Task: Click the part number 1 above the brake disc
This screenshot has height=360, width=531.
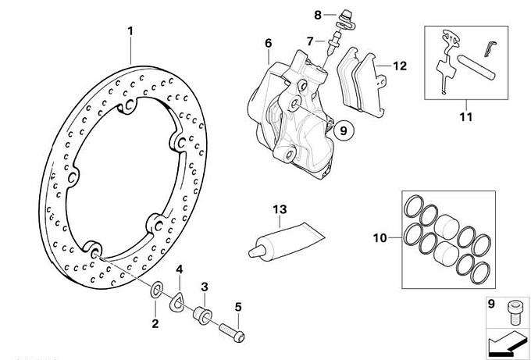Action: pyautogui.click(x=130, y=31)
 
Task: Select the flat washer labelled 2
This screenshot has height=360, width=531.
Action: pyautogui.click(x=156, y=289)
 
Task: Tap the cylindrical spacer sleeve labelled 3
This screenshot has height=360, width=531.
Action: pyautogui.click(x=202, y=315)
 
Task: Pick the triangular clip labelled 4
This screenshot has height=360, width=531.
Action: pyautogui.click(x=176, y=301)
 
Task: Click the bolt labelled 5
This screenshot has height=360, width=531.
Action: pyautogui.click(x=232, y=332)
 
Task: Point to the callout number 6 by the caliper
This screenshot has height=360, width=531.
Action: pyautogui.click(x=268, y=43)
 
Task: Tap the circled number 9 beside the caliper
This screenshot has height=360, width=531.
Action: pyautogui.click(x=344, y=130)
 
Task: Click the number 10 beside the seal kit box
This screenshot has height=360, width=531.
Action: pyautogui.click(x=380, y=237)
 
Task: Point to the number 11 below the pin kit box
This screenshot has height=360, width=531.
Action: pyautogui.click(x=466, y=117)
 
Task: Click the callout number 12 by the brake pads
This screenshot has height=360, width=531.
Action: pyautogui.click(x=400, y=66)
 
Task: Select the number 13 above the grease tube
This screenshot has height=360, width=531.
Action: pyautogui.click(x=280, y=209)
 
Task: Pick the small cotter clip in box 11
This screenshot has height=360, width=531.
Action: pyautogui.click(x=489, y=48)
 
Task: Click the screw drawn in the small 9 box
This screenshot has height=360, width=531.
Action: pyautogui.click(x=513, y=312)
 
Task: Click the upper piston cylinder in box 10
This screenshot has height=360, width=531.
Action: pyautogui.click(x=447, y=226)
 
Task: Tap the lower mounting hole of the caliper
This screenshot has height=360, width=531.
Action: pyautogui.click(x=289, y=155)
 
